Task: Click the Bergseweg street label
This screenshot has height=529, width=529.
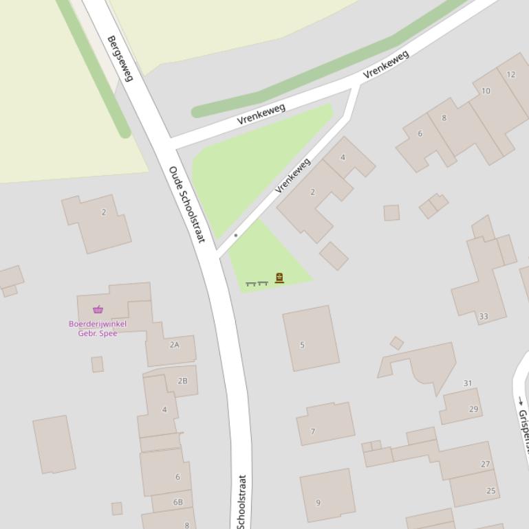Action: (x=119, y=58)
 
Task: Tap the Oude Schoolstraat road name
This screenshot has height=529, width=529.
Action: (x=186, y=204)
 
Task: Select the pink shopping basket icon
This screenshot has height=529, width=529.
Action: (x=98, y=309)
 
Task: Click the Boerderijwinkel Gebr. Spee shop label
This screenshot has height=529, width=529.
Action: (x=98, y=328)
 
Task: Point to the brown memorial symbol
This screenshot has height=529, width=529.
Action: (x=279, y=278)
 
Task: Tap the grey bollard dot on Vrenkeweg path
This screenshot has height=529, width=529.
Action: (x=235, y=235)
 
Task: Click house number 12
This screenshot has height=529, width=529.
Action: (x=510, y=74)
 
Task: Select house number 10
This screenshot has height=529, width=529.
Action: (x=486, y=91)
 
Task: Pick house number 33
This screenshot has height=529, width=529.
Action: (x=483, y=317)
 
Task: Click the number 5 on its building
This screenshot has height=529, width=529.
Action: (x=302, y=345)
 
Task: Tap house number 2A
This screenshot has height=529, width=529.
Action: (x=174, y=345)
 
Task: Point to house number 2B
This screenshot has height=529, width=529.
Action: (x=182, y=381)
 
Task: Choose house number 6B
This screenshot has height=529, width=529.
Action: (x=178, y=502)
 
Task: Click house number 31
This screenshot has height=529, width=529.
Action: (x=468, y=383)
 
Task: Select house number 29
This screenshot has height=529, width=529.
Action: (x=473, y=409)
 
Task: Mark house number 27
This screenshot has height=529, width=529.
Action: (x=485, y=464)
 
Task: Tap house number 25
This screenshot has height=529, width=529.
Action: (x=490, y=491)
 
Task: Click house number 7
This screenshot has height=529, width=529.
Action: (x=313, y=431)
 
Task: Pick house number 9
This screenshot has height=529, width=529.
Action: (x=318, y=502)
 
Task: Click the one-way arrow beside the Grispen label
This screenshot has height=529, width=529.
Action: (x=521, y=401)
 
